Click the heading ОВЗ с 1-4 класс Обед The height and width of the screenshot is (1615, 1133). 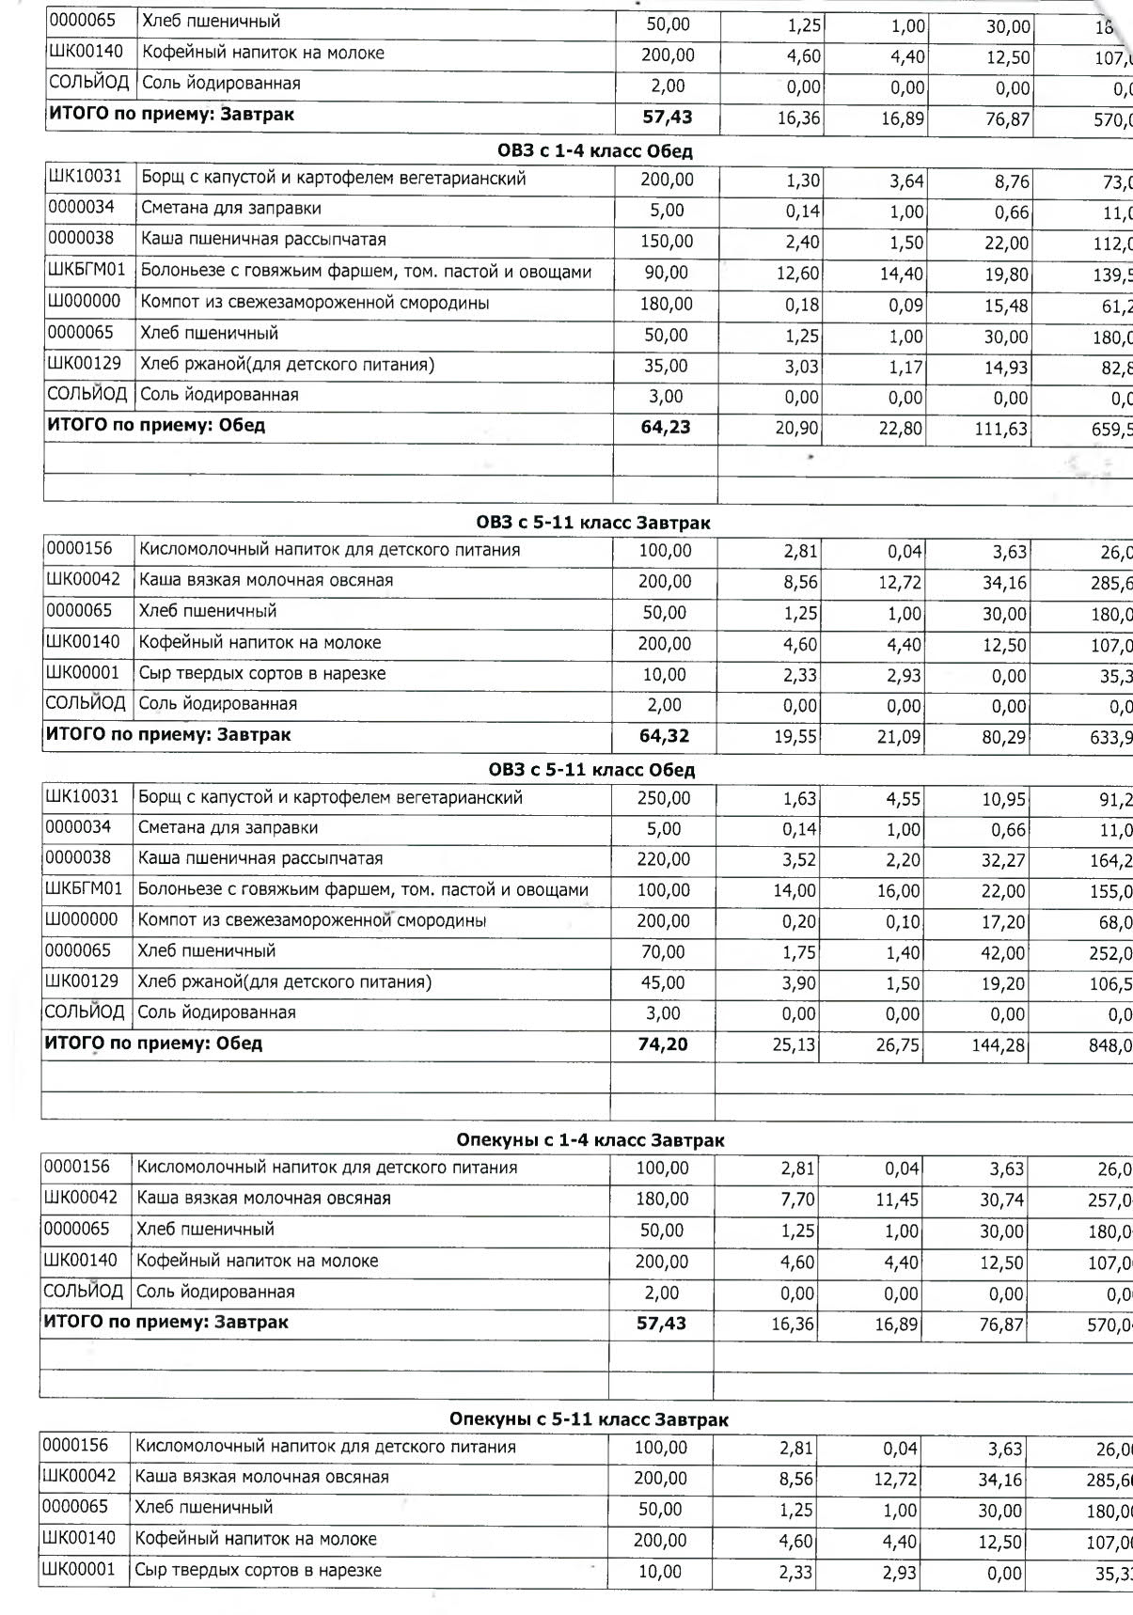click(594, 151)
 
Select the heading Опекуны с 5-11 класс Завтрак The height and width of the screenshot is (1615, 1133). click(589, 1419)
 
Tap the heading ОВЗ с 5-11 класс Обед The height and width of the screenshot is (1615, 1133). click(591, 771)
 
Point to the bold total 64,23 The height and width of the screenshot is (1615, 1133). click(666, 428)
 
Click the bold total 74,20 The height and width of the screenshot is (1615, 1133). click(663, 1044)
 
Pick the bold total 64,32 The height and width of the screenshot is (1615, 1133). click(665, 736)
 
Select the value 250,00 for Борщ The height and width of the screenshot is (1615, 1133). click(664, 799)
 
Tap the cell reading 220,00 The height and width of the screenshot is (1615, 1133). click(664, 860)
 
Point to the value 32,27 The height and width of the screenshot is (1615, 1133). click(1003, 861)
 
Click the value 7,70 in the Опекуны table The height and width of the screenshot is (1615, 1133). click(797, 1200)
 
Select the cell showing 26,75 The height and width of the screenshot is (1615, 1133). click(898, 1045)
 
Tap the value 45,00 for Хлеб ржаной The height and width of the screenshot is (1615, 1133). click(663, 983)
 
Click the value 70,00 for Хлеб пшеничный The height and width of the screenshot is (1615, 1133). click(663, 952)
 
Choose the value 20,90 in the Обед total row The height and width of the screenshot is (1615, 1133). click(798, 430)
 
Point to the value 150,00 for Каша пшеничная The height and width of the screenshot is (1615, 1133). click(667, 243)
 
